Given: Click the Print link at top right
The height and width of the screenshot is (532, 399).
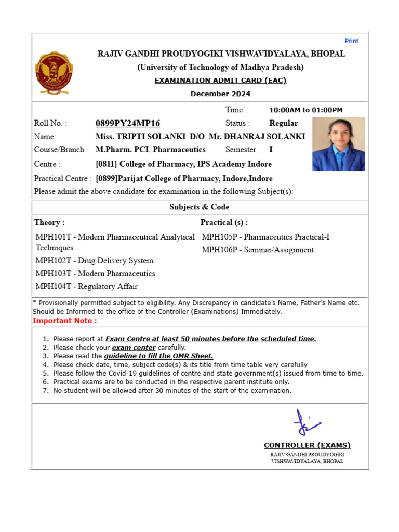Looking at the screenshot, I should click(x=351, y=41).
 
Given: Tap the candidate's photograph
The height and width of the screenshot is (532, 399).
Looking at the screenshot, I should click(x=338, y=144).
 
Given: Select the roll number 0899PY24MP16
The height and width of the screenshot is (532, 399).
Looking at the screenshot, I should click(x=128, y=123).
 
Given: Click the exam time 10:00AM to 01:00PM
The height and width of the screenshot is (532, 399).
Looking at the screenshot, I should click(x=305, y=110).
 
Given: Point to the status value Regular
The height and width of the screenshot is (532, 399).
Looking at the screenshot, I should click(x=284, y=123).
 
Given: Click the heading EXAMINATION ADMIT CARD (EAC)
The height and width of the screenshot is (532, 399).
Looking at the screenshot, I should click(x=220, y=81).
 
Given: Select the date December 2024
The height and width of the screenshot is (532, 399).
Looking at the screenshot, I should click(x=220, y=94).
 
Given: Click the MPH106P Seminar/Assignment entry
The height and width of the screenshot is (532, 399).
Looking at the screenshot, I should click(x=258, y=250).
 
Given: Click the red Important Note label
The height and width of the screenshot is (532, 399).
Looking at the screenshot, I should click(x=64, y=321).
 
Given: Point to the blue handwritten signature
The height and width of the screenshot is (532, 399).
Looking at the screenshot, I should click(x=307, y=422).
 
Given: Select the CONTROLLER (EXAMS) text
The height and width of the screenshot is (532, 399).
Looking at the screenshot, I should click(x=307, y=445).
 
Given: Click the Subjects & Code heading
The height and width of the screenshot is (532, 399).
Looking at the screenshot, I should click(x=199, y=207).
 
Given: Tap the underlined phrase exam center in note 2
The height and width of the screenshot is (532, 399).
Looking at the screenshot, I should click(x=134, y=347).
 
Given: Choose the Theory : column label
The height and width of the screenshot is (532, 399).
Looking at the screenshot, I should click(x=49, y=222).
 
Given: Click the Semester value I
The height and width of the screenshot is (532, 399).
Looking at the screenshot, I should click(x=271, y=150).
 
